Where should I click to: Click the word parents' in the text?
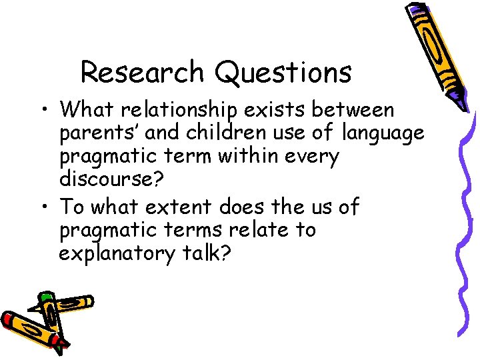coord(99,133)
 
